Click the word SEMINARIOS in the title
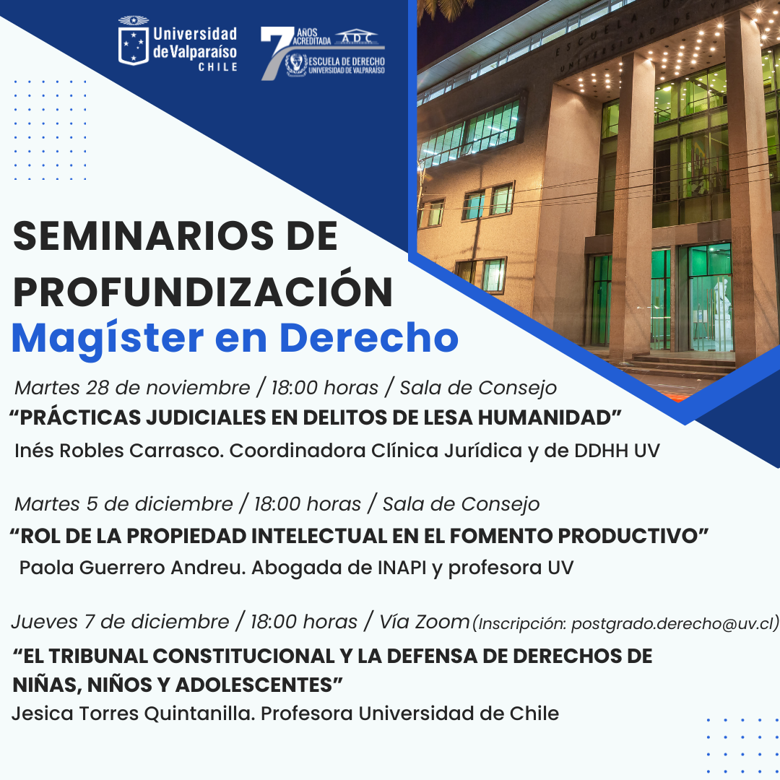point(143,235)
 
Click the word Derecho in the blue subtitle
point(368,338)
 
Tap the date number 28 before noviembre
point(97,388)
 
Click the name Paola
point(46,568)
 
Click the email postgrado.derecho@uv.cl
point(675,623)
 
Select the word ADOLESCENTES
point(253,685)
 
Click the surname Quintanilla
point(200,714)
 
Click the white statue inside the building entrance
point(719,303)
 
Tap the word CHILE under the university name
point(217,67)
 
